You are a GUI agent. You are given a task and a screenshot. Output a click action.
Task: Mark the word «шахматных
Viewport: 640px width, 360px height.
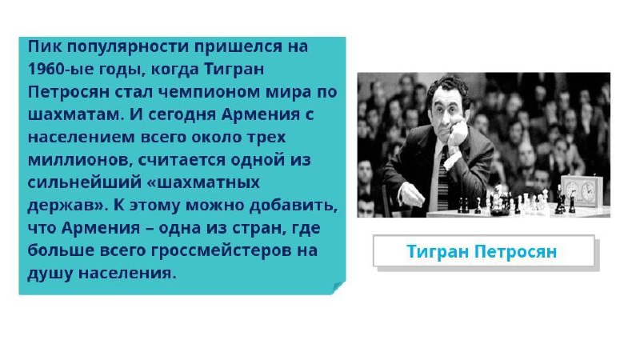coord(203,182)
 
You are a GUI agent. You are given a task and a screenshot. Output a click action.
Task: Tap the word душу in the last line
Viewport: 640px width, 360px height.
coord(50,273)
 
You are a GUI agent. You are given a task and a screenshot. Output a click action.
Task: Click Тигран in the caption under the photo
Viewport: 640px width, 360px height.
coord(438,251)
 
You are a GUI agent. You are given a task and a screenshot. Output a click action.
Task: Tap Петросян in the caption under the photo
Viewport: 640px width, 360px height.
coord(516,251)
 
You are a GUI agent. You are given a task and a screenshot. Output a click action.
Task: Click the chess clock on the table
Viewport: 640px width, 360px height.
coord(582,190)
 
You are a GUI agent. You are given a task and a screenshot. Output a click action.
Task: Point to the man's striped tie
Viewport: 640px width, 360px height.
coord(443,178)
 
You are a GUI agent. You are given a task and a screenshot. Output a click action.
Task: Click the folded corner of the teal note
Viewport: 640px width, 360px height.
coord(338,287)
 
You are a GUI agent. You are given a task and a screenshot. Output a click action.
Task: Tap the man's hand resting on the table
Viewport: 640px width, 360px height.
coord(410,195)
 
